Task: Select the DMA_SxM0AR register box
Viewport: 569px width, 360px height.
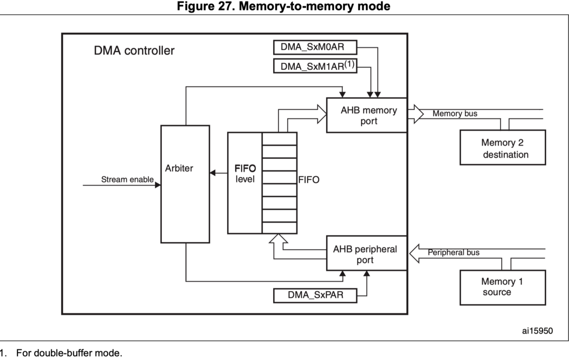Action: [x=315, y=47]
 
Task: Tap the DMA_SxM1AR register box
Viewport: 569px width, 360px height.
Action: [x=315, y=66]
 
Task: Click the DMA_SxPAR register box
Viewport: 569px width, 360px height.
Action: [x=315, y=296]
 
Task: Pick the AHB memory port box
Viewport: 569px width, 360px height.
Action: [x=366, y=115]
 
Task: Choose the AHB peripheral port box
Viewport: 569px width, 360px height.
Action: [x=366, y=254]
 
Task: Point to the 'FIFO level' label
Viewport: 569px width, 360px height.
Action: [x=244, y=174]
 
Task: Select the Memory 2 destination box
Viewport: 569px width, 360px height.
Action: [x=503, y=148]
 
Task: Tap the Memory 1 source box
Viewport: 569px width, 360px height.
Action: [x=503, y=286]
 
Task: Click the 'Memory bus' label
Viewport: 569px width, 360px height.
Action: [x=455, y=114]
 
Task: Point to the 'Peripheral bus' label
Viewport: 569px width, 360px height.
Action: [x=453, y=252]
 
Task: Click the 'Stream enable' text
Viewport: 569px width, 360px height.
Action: [x=127, y=179]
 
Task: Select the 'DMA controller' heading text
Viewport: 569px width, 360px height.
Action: [x=134, y=51]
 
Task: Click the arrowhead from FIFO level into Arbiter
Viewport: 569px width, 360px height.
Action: [x=213, y=173]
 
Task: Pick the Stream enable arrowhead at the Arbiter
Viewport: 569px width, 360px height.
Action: [x=158, y=185]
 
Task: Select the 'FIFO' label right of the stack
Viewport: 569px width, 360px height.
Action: [x=309, y=180]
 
